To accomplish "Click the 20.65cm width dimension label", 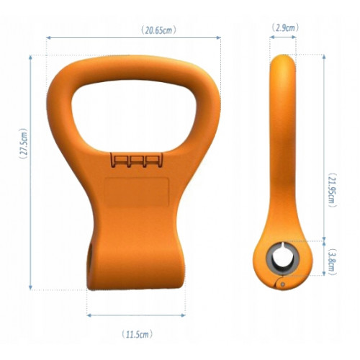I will pos(156,31).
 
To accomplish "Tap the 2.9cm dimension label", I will pos(282,27).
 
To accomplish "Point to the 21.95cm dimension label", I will pos(330,189).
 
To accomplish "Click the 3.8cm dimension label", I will pos(330,260).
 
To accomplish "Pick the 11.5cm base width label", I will pos(136,334).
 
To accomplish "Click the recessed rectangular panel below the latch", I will pos(136,194).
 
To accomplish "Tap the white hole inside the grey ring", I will pos(282,258).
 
